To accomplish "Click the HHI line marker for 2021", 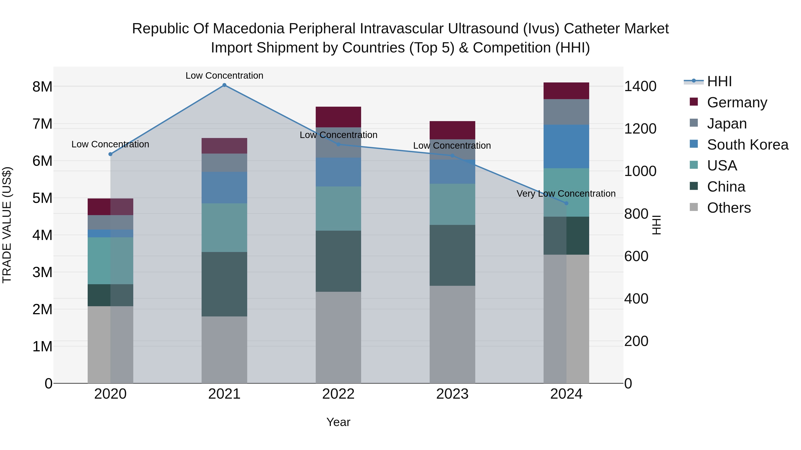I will click(x=224, y=85).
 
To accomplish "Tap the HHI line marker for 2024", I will click(x=566, y=203).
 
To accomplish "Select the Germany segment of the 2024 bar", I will click(x=566, y=91).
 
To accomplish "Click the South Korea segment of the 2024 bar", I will click(x=566, y=146).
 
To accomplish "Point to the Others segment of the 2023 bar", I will click(x=452, y=334).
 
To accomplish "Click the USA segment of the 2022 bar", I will click(x=338, y=208).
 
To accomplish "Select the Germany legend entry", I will click(x=737, y=102).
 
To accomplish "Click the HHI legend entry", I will click(x=719, y=81).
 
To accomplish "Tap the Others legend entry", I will click(x=728, y=208).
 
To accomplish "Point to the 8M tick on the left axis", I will click(x=42, y=87).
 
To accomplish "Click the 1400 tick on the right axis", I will click(x=640, y=86).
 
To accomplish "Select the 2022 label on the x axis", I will click(x=338, y=394).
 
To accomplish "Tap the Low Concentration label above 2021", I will click(x=224, y=76).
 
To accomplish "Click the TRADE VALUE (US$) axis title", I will click(x=7, y=225).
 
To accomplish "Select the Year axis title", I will click(x=338, y=422).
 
